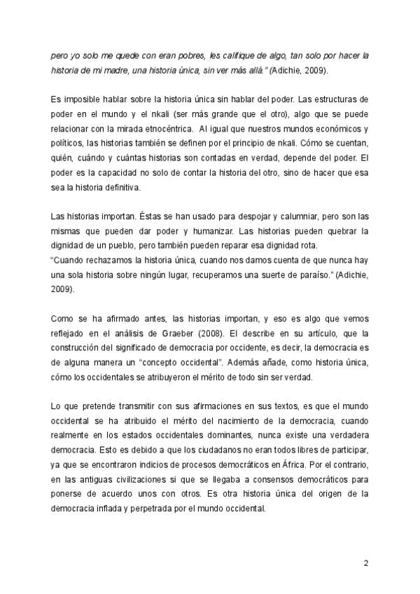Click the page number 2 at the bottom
[x=367, y=562]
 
